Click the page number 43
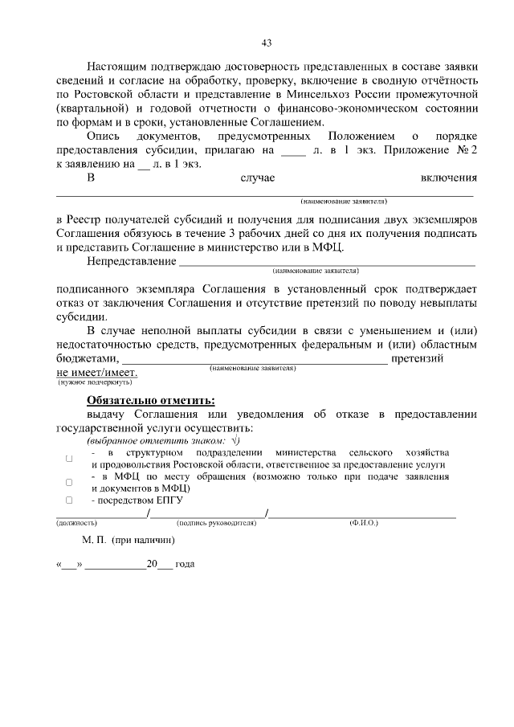[266, 43]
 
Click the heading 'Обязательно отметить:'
[151, 399]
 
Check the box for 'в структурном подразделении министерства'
[69, 459]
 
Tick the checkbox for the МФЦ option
[69, 482]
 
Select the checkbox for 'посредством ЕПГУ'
[69, 500]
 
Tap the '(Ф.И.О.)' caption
[363, 523]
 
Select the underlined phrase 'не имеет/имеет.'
[96, 372]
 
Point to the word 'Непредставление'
[132, 261]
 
